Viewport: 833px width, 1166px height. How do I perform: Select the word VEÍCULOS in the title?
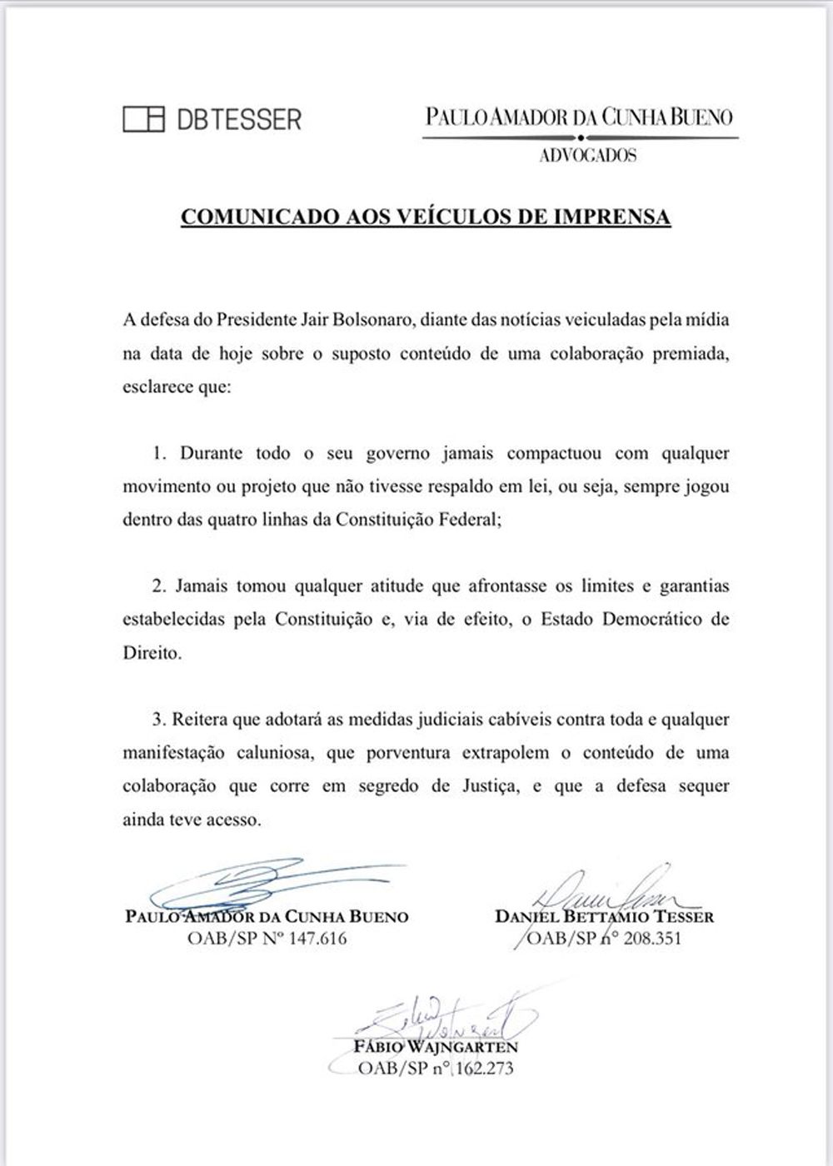[x=420, y=217]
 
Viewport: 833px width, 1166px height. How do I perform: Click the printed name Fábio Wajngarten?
[x=436, y=1046]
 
